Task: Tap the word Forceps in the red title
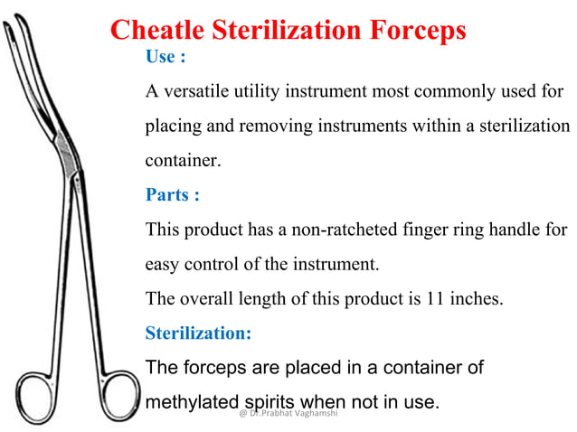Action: pos(420,30)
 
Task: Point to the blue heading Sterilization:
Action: pos(198,333)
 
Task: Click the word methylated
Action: pos(191,400)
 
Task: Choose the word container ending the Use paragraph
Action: pos(182,162)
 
